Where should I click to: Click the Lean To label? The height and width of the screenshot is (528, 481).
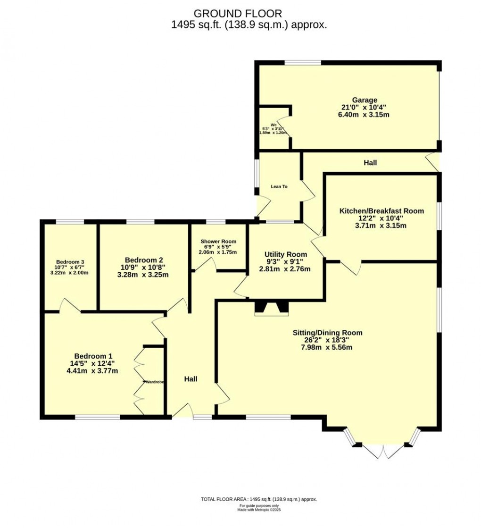[x=279, y=187]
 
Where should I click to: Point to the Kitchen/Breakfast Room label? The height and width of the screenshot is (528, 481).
[x=381, y=211]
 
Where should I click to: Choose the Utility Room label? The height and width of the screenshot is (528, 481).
[x=286, y=254]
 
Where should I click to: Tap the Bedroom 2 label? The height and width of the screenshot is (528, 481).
[x=144, y=260]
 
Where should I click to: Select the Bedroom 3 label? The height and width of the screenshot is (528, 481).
[x=70, y=262]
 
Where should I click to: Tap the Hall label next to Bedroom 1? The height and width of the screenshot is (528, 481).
[x=191, y=379]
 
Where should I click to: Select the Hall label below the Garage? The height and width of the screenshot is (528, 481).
[x=370, y=163]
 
